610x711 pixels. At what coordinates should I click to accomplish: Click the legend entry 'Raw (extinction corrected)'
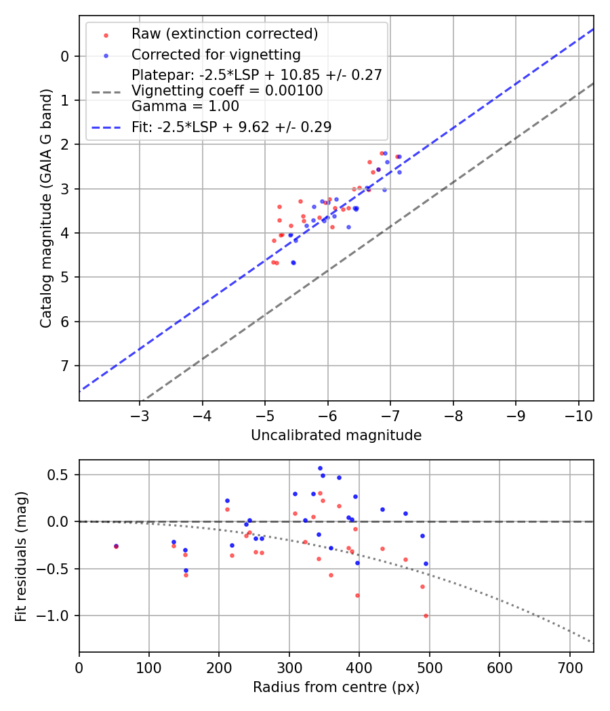coord(224,34)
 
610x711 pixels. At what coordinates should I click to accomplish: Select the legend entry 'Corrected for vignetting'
coord(216,54)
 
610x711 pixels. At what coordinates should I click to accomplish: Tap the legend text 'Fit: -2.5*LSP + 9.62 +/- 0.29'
coord(231,127)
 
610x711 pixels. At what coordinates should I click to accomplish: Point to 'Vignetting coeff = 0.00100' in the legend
coord(227,91)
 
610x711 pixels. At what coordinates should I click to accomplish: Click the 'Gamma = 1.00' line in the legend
coord(185,106)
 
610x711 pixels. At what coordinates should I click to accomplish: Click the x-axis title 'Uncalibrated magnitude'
coord(336,435)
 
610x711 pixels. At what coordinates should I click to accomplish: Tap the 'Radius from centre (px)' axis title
coord(336,687)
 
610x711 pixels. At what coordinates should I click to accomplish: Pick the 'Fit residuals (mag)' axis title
coord(22,556)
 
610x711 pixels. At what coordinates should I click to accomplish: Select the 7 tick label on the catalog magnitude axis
coord(65,366)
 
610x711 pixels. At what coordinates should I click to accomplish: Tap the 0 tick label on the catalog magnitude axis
coord(65,56)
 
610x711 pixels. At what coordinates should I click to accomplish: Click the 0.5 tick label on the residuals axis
coord(60,475)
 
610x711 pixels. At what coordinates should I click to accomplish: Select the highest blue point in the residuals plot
coord(320,468)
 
